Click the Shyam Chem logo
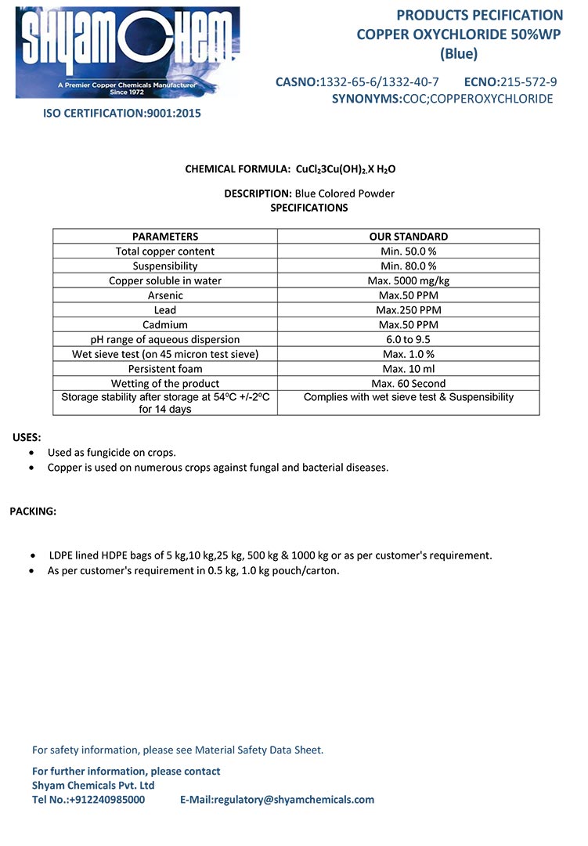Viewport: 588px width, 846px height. tap(128, 52)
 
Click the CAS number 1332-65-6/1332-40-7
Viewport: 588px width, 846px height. tap(379, 81)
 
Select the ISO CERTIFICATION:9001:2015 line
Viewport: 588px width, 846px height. tap(121, 113)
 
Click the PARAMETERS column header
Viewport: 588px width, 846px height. tap(165, 236)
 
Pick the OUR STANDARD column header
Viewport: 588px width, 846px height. tap(408, 236)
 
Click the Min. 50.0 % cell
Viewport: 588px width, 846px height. tap(408, 251)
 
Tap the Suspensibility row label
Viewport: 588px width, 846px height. tap(165, 266)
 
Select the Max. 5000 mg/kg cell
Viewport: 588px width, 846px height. tap(408, 280)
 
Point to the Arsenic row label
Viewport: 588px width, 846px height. tap(165, 295)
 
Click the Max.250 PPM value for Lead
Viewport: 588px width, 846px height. tap(408, 310)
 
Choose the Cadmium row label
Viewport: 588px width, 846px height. tap(165, 324)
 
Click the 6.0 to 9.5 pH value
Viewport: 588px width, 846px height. tap(408, 339)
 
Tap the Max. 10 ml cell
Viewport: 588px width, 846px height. tap(408, 369)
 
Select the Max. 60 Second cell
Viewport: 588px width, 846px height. tap(408, 384)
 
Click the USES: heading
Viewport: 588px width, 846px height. tap(27, 437)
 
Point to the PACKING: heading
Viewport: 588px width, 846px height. tap(33, 512)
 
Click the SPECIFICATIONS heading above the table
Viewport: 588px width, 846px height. tap(308, 208)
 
